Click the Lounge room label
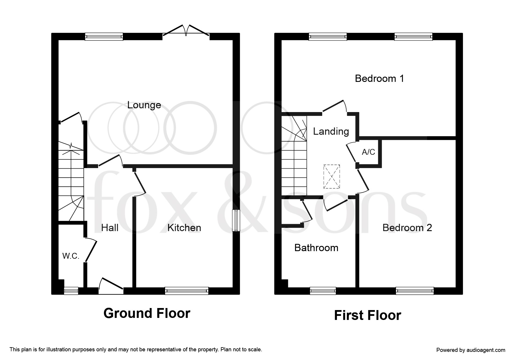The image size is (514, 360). (x=144, y=105)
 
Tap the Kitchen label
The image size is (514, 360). (x=184, y=228)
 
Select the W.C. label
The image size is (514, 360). (x=71, y=256)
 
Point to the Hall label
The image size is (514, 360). (x=110, y=228)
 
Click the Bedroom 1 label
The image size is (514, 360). (x=380, y=78)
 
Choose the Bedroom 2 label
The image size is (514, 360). (x=407, y=228)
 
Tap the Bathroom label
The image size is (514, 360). (x=316, y=248)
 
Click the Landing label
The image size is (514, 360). (x=331, y=132)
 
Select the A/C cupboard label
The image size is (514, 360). (x=369, y=152)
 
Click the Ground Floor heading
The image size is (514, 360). (x=147, y=314)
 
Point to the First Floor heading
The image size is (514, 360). (x=368, y=315)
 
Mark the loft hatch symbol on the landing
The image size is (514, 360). (x=331, y=177)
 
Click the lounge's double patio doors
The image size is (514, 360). (x=186, y=31)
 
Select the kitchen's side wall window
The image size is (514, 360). (x=236, y=221)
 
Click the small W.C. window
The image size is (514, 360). (x=71, y=291)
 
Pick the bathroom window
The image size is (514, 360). (x=323, y=291)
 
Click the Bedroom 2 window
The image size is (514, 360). (x=415, y=291)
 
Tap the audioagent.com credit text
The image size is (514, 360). (x=471, y=350)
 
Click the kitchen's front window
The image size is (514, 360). (x=187, y=291)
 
